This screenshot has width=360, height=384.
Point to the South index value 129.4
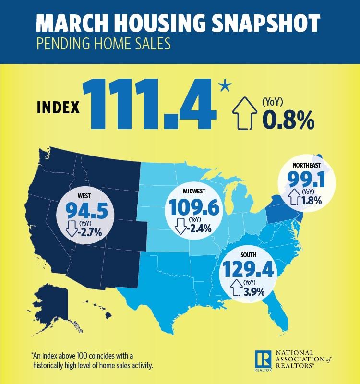tap(248, 270)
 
